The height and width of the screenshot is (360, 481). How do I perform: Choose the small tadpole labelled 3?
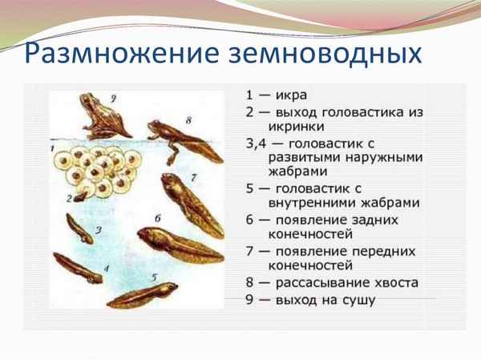click(80, 228)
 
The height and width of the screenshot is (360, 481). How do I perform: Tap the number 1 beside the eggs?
click(52, 149)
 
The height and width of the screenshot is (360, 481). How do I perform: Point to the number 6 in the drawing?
click(158, 217)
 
